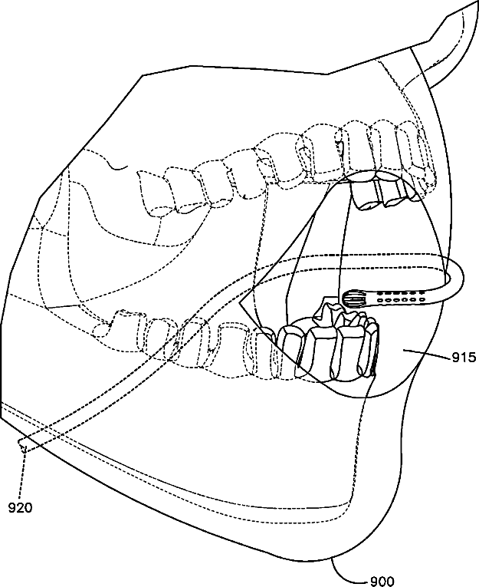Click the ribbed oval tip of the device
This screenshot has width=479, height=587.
tap(354, 297)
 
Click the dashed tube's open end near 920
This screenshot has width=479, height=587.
tap(22, 444)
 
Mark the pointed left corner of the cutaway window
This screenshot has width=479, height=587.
tap(241, 305)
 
